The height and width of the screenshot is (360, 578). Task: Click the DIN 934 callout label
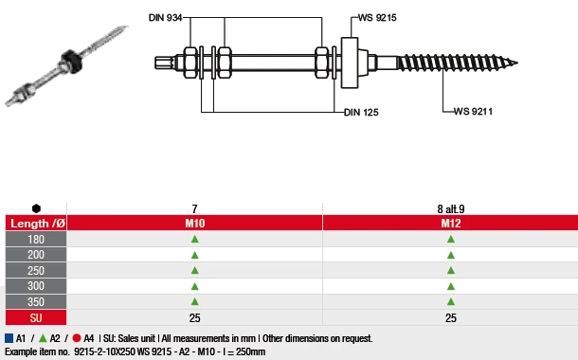click(x=166, y=18)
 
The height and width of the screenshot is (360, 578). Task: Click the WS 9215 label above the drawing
click(x=377, y=18)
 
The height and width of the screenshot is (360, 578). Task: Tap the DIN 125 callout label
click(x=361, y=113)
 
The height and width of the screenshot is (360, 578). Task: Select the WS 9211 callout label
click(x=473, y=111)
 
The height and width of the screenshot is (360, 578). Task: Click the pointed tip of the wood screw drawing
click(x=517, y=63)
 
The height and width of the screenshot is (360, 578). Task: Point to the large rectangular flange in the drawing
click(x=350, y=63)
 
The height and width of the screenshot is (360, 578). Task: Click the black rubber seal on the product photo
click(x=71, y=61)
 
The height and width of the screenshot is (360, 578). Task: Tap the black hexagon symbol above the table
click(x=36, y=208)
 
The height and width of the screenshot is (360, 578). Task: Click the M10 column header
click(x=194, y=224)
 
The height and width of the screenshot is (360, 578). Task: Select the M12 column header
click(x=450, y=224)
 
